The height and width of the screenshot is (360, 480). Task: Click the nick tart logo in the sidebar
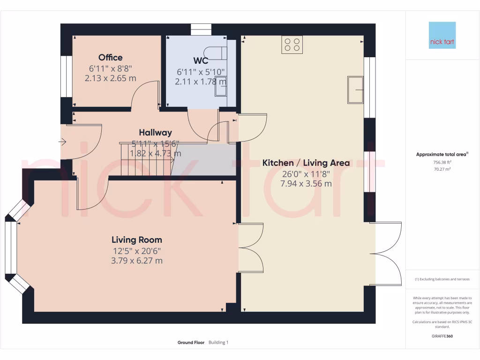(x=442, y=35)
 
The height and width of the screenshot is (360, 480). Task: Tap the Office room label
(x=111, y=58)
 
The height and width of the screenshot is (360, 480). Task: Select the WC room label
(x=201, y=60)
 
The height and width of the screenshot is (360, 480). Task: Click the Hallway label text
(x=155, y=133)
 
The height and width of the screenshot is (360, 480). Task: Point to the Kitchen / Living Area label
(x=306, y=163)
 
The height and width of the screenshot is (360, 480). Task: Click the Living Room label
(x=136, y=240)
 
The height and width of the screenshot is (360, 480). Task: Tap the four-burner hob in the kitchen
(x=292, y=45)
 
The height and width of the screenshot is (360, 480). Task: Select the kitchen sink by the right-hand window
(x=355, y=90)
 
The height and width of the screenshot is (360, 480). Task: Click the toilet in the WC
(x=217, y=53)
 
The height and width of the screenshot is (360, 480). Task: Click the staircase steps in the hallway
(x=146, y=159)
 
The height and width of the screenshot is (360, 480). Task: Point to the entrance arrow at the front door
(x=63, y=141)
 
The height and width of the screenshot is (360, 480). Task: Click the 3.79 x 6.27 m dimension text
(x=136, y=261)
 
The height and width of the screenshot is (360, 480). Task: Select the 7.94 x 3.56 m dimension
(x=306, y=184)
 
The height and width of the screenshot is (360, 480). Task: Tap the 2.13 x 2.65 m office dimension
(x=111, y=78)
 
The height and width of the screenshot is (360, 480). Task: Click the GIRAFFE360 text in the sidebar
(x=442, y=336)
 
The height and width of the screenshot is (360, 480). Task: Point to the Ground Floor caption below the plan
(x=191, y=343)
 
